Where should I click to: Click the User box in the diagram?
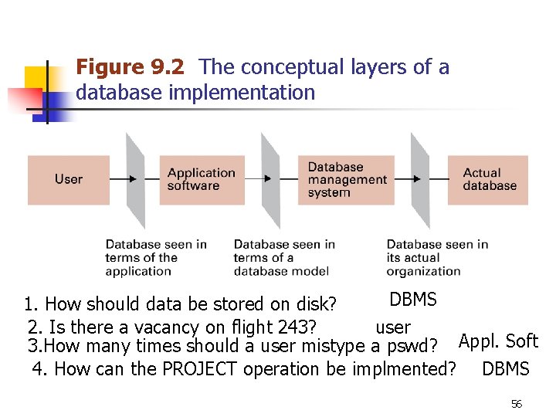pos(68,179)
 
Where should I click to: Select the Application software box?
pos(201,179)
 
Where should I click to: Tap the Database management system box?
pos(347,179)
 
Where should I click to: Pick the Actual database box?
pos(489,179)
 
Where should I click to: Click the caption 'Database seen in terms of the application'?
pos(155,257)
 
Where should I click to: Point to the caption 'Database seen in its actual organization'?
pos(437,257)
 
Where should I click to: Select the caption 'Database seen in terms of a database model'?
pos(283,257)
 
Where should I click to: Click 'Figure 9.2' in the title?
pos(130,68)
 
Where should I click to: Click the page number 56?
pos(517,404)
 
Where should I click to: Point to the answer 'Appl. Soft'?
pos(498,341)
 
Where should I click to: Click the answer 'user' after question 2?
pos(392,327)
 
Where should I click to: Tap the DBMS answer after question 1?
pos(413,300)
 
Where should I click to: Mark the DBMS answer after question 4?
pos(505,369)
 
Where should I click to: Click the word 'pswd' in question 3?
pos(407,347)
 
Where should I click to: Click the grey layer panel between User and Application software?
pos(135,179)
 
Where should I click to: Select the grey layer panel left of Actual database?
pos(419,179)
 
